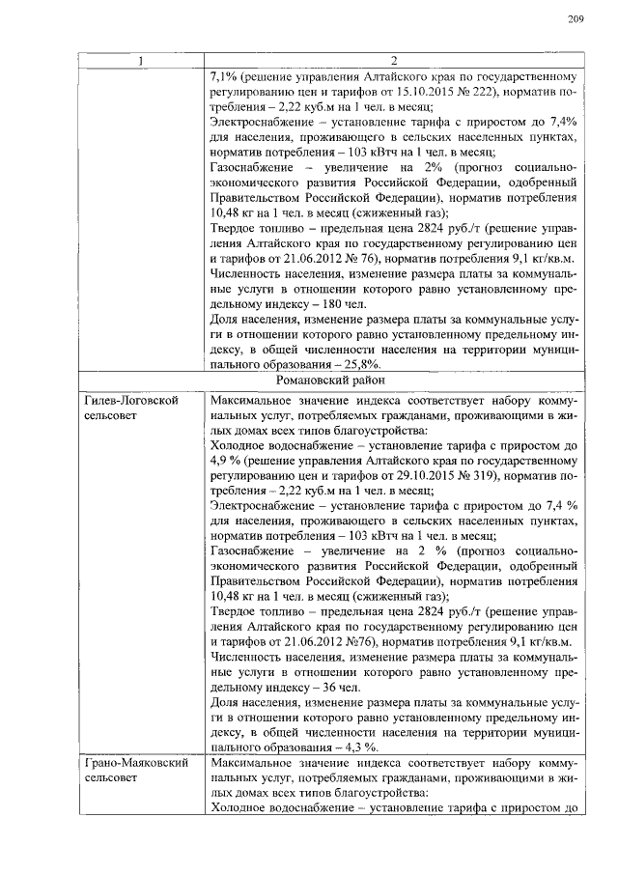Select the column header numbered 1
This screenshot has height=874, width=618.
click(141, 62)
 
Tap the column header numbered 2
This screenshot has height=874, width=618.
click(392, 62)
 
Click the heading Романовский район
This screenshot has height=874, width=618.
click(392, 381)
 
